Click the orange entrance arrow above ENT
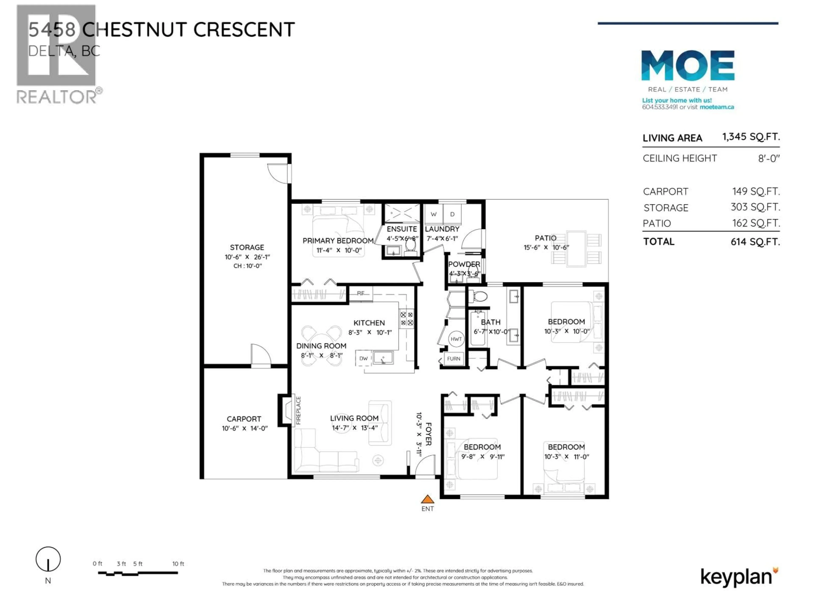pyautogui.click(x=427, y=499)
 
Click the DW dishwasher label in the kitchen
pyautogui.click(x=363, y=358)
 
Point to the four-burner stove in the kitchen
pyautogui.click(x=407, y=319)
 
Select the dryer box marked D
pyautogui.click(x=452, y=214)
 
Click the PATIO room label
pyautogui.click(x=545, y=238)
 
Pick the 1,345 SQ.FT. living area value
pyautogui.click(x=751, y=137)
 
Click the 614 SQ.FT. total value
pyautogui.click(x=755, y=242)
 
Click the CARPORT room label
pyautogui.click(x=244, y=419)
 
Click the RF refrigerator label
pyautogui.click(x=361, y=293)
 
